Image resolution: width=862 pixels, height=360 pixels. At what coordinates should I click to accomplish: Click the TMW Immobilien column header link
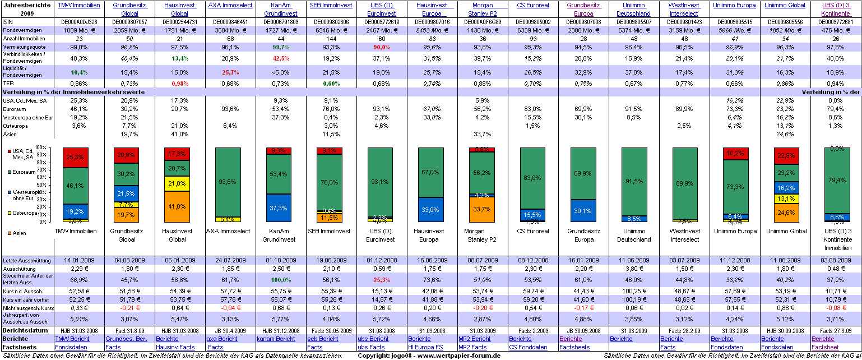[79, 5]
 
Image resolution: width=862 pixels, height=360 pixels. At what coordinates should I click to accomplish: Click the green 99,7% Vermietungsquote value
[281, 47]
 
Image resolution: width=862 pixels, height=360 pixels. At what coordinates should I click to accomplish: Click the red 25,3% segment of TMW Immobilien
[79, 157]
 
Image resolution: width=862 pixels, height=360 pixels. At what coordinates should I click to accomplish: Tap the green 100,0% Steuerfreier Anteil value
[281, 279]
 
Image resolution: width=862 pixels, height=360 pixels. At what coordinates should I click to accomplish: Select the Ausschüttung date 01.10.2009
[281, 261]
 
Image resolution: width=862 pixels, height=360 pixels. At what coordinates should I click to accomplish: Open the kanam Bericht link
[276, 339]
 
